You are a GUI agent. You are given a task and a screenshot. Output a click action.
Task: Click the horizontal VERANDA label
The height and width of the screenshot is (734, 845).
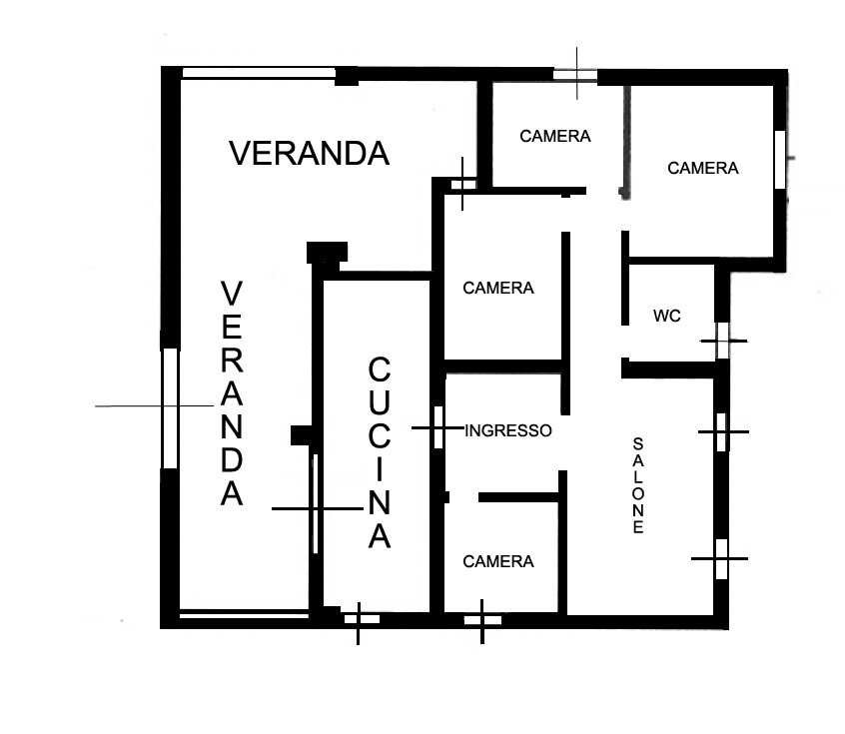(310, 153)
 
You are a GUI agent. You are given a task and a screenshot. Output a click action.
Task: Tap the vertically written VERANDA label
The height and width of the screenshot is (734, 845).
(232, 392)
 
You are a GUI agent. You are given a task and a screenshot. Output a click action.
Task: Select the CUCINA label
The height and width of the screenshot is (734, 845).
(380, 452)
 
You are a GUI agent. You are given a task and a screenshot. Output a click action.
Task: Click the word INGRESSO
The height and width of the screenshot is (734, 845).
(508, 430)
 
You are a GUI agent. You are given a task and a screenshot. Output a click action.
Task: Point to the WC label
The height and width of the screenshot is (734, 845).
(667, 316)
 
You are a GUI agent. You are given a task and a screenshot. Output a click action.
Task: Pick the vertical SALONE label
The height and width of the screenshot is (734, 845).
(638, 485)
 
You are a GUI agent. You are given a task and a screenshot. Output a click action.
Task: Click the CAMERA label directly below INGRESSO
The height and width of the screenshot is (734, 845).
(498, 561)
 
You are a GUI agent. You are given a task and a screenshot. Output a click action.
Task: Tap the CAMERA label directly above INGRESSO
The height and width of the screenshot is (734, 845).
(498, 288)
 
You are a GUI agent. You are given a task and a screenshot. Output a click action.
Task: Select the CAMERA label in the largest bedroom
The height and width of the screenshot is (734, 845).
(703, 168)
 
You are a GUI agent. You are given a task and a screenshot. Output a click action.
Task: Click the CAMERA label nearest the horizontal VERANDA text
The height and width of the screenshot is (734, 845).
(555, 137)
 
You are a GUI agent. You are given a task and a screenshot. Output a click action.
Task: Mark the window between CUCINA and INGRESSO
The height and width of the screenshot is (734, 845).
(438, 427)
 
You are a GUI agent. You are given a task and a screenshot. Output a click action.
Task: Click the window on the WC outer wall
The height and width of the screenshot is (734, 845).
(722, 341)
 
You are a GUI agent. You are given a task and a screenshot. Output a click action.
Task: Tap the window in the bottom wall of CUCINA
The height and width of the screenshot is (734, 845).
(362, 619)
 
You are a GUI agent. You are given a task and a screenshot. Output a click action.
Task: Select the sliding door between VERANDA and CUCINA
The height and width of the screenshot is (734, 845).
(316, 503)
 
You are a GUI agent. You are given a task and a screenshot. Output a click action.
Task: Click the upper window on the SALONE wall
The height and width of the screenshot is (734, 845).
(721, 432)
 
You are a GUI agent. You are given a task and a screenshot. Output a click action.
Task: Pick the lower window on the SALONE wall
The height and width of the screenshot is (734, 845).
(721, 559)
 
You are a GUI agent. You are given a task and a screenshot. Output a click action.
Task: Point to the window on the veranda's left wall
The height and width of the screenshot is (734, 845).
(170, 408)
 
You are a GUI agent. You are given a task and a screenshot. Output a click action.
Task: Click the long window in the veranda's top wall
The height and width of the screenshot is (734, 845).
(259, 73)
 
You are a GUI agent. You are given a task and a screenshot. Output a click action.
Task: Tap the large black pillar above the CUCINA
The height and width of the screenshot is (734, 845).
(328, 253)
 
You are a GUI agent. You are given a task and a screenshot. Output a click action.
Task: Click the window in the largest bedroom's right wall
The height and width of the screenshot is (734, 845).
(780, 159)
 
